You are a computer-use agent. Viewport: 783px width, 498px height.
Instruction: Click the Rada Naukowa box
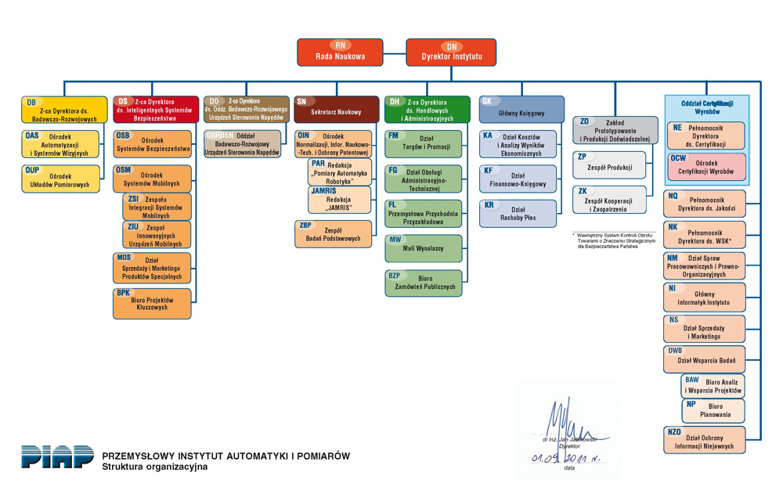340,52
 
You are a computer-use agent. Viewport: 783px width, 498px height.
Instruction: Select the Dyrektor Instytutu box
451,52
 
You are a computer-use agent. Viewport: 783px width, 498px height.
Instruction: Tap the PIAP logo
57,456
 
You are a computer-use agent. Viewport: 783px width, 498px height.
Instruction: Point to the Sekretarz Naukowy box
337,108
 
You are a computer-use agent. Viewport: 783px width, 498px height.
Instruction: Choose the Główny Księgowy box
521,108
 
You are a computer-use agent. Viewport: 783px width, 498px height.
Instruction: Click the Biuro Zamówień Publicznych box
424,283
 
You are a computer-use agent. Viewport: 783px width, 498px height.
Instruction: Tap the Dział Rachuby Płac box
518,214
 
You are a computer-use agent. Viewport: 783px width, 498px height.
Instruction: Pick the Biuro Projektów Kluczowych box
153,304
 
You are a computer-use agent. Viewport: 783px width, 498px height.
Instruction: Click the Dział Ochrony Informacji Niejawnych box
705,441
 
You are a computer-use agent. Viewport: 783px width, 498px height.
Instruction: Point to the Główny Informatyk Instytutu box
705,298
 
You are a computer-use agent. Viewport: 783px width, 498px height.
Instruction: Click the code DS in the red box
123,102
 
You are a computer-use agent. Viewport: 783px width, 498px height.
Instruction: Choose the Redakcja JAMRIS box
337,200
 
